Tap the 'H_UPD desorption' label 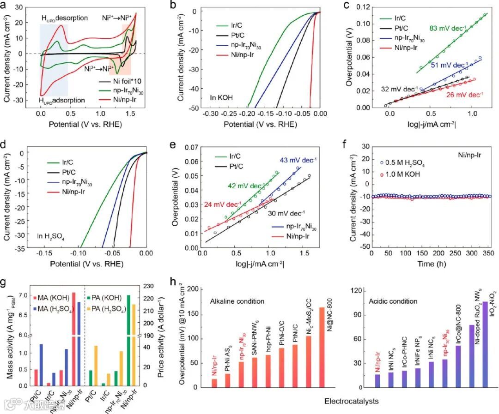point(65,18)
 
